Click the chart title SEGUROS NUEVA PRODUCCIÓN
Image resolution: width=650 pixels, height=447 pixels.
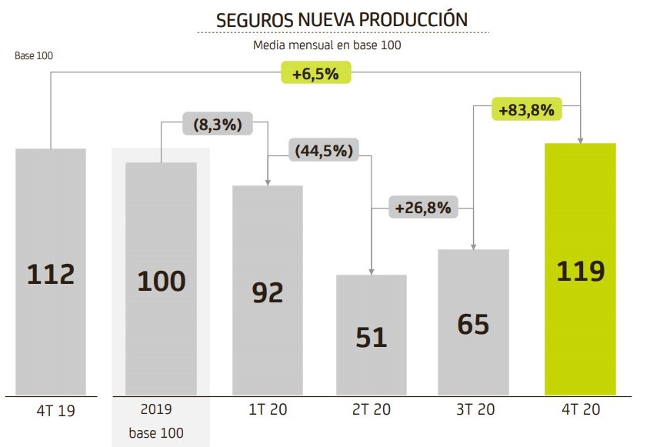coord(342,19)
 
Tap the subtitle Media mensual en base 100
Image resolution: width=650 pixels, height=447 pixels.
coord(328,45)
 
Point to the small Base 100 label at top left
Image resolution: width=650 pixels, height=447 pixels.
coord(34,56)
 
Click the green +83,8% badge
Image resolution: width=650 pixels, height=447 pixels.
coord(526,110)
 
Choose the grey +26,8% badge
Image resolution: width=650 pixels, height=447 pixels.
coord(422,207)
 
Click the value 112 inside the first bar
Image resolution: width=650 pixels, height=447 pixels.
coord(51,273)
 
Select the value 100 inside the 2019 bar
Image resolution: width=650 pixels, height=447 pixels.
coord(162,281)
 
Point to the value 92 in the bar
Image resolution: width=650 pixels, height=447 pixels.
coord(268,292)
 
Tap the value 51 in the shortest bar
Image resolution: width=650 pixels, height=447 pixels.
coord(372,337)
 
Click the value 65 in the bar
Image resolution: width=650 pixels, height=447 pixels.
coord(473,324)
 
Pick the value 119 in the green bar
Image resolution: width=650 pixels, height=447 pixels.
coord(580,271)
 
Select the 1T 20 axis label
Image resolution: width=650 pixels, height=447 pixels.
coord(268,410)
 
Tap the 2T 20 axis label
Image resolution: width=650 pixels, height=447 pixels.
coord(372,410)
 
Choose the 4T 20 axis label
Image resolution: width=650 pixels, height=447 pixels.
coord(580,410)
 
